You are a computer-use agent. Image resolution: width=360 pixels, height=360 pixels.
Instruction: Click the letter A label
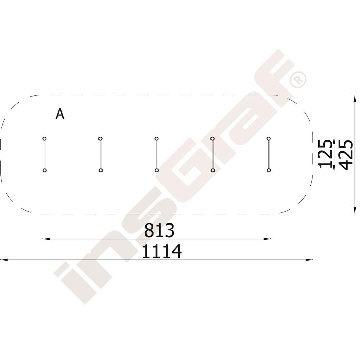[60, 114]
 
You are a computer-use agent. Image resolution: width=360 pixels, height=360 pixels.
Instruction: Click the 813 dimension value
[159, 230]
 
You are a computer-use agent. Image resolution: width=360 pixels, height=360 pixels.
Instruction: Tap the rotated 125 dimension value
[325, 154]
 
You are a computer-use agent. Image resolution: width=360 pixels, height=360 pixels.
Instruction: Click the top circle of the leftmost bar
[45, 139]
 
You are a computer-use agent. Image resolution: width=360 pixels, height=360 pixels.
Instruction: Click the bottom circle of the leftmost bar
[45, 170]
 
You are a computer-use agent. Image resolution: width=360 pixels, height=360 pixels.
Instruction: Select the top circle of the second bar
[100, 139]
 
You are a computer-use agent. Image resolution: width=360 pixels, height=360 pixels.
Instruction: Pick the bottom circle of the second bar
[101, 170]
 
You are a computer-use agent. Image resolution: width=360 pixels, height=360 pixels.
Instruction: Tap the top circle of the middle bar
[156, 139]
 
